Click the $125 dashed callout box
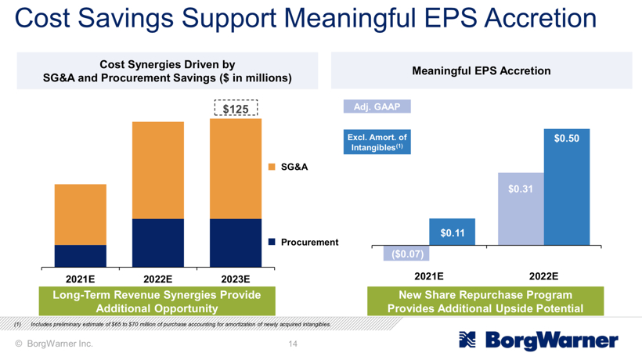(x=236, y=109)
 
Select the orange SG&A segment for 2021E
(x=81, y=214)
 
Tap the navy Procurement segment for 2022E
(x=157, y=243)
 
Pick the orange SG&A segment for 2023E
(x=236, y=168)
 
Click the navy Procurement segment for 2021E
(x=81, y=256)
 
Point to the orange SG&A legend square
(x=272, y=167)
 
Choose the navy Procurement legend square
(x=272, y=242)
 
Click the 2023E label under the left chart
(x=236, y=279)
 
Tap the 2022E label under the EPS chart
(x=543, y=276)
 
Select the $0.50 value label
(x=567, y=139)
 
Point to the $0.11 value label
(x=452, y=232)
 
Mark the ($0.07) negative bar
(x=406, y=254)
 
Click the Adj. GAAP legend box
(x=377, y=106)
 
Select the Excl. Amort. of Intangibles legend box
(x=377, y=142)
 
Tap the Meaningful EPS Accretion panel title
(x=481, y=71)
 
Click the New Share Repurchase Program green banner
(x=485, y=302)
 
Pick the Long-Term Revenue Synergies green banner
(x=157, y=302)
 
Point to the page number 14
(x=293, y=344)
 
